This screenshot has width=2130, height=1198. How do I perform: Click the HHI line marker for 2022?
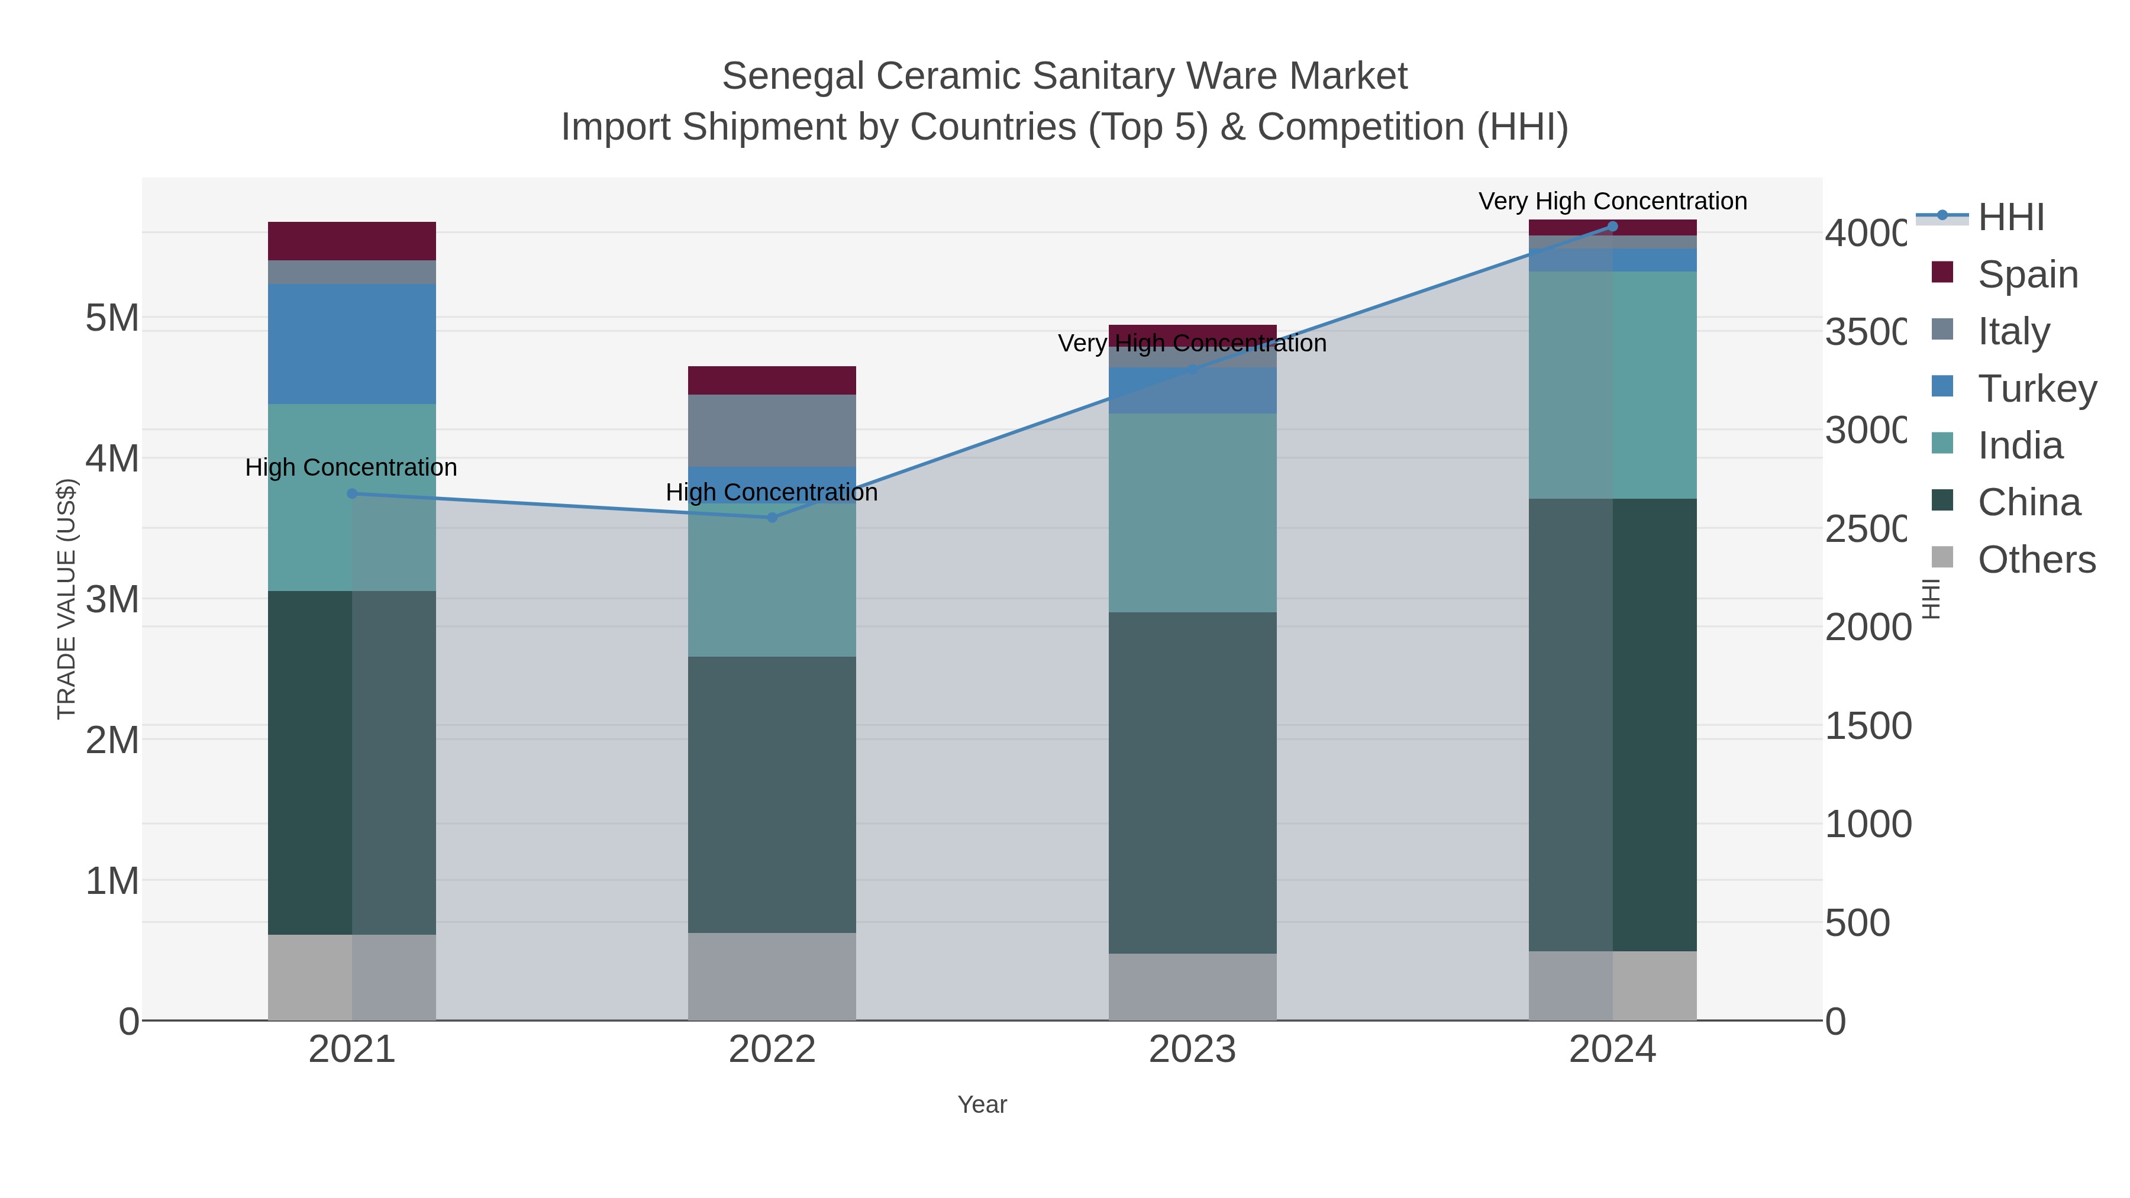click(x=772, y=518)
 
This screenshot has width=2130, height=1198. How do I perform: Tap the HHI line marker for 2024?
click(x=1612, y=227)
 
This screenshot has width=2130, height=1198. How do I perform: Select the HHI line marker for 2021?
click(x=352, y=493)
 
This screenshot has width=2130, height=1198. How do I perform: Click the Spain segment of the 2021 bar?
click(x=352, y=241)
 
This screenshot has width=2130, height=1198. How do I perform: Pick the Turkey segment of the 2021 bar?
click(x=352, y=343)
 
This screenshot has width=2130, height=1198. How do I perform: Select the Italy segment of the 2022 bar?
click(x=772, y=430)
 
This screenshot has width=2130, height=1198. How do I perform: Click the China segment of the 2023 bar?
click(x=1192, y=782)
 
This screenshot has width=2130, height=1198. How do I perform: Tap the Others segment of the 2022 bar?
click(x=772, y=976)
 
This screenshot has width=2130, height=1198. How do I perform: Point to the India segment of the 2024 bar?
click(x=1612, y=385)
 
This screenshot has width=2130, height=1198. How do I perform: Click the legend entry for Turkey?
click(x=2036, y=389)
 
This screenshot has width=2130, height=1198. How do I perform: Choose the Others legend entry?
click(x=2036, y=560)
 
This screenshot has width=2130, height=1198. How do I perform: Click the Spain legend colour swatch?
click(x=1942, y=273)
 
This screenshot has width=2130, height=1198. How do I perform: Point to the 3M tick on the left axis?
click(x=112, y=599)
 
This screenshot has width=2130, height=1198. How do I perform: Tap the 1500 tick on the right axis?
click(x=1868, y=726)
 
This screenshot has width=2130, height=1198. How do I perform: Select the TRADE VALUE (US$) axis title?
click(x=66, y=599)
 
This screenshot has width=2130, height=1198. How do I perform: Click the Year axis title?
click(x=982, y=1105)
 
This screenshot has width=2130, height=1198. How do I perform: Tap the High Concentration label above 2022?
click(x=772, y=493)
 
